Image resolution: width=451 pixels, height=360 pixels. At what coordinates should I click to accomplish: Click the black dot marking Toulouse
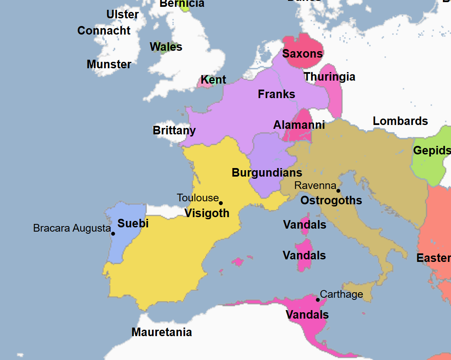pyautogui.click(x=221, y=203)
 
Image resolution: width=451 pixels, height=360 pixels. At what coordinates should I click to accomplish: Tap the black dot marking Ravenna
pyautogui.click(x=338, y=191)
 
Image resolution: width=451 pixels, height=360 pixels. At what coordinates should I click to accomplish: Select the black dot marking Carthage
pyautogui.click(x=317, y=299)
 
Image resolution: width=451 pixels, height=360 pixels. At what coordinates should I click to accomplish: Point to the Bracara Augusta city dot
pyautogui.click(x=113, y=233)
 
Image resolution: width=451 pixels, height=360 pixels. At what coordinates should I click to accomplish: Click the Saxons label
pyautogui.click(x=303, y=54)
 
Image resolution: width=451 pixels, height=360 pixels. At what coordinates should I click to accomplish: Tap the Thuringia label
pyautogui.click(x=329, y=77)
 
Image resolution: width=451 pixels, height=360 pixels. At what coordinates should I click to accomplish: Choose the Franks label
pyautogui.click(x=276, y=94)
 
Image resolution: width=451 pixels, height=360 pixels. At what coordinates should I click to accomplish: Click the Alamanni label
pyautogui.click(x=299, y=125)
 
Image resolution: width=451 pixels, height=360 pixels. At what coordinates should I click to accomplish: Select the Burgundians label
pyautogui.click(x=267, y=173)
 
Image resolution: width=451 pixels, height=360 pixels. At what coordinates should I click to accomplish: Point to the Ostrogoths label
pyautogui.click(x=331, y=200)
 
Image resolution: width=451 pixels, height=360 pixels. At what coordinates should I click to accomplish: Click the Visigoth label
pyautogui.click(x=207, y=213)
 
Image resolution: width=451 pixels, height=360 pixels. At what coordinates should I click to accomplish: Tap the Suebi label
pyautogui.click(x=133, y=223)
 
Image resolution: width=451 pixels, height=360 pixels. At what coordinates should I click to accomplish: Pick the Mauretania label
pyautogui.click(x=162, y=332)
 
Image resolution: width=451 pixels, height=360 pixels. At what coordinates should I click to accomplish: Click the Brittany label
pyautogui.click(x=174, y=131)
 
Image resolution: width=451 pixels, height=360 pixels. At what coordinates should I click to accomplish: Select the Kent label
pyautogui.click(x=213, y=80)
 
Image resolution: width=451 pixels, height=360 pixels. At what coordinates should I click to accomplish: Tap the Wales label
pyautogui.click(x=166, y=47)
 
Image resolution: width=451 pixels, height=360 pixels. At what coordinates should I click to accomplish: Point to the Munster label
pyautogui.click(x=109, y=64)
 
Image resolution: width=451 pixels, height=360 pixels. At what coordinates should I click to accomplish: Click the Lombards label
pyautogui.click(x=400, y=121)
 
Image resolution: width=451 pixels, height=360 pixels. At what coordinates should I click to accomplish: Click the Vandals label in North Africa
pyautogui.click(x=307, y=315)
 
